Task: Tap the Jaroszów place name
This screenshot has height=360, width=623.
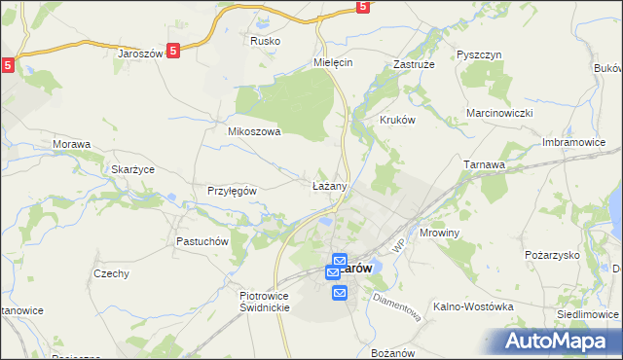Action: coord(139,54)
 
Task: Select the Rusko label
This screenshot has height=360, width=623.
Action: coord(265,41)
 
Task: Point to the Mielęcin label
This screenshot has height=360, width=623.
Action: coord(332,60)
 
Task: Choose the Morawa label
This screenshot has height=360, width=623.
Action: coord(71,144)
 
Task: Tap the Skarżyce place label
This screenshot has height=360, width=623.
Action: coord(133,168)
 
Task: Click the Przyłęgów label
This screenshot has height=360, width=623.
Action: coord(232,191)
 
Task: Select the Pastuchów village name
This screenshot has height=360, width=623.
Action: coord(202,240)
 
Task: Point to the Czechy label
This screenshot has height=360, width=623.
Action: coord(111,273)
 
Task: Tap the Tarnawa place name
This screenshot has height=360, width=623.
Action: coord(484,164)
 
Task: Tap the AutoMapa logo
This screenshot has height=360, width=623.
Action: coord(561,340)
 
